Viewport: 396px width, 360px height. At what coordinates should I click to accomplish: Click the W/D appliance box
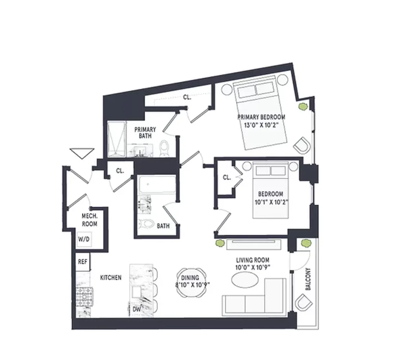pos(84,240)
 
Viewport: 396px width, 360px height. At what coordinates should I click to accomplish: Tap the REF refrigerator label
pos(82,262)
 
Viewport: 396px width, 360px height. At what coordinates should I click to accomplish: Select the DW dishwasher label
pos(136,309)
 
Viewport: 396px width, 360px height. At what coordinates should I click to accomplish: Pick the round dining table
pos(192,282)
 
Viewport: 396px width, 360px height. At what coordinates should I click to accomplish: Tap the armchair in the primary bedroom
pos(301,146)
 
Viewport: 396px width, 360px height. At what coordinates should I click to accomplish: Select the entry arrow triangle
pos(82,153)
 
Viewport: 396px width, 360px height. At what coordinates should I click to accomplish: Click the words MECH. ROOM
pos(89,220)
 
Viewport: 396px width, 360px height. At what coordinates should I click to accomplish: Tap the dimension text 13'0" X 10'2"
pos(261,125)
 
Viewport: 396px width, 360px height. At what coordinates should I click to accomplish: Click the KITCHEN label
pos(111,278)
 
